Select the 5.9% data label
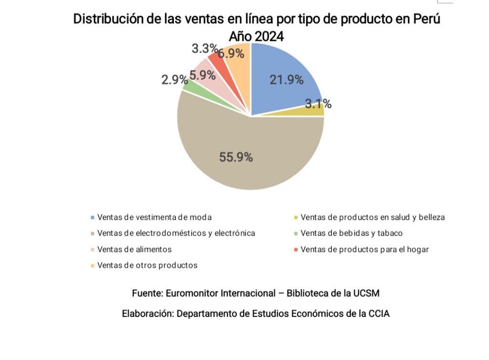[x=202, y=75]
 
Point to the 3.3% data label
[x=204, y=49]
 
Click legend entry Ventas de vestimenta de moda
[x=154, y=217]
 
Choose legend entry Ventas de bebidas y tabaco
[x=351, y=233]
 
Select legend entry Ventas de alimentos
[x=134, y=249]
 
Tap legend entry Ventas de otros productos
[x=147, y=265]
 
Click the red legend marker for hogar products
[x=296, y=249]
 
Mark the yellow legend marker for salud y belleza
[x=296, y=217]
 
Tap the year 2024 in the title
[x=269, y=36]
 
